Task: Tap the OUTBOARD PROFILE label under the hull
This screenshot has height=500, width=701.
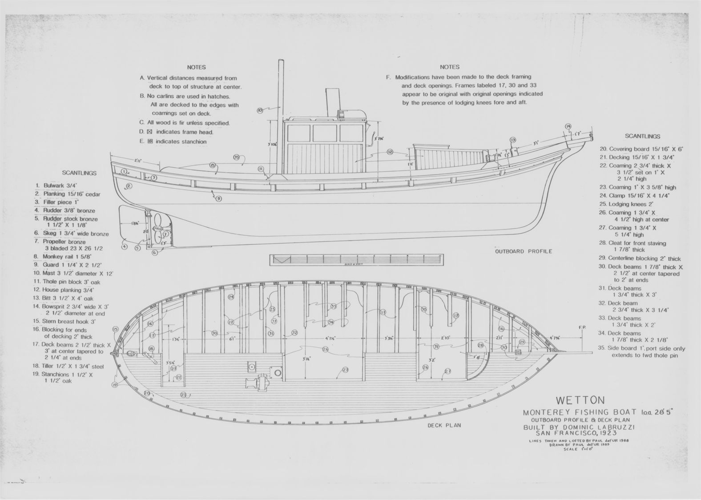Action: click(x=524, y=251)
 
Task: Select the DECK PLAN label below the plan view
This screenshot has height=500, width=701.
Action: click(x=444, y=425)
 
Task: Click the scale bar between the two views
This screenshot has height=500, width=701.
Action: click(x=357, y=260)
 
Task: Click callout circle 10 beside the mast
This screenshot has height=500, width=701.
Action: click(x=260, y=109)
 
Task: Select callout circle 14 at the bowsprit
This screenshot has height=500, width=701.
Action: click(x=568, y=126)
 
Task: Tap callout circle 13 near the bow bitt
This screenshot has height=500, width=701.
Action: click(x=513, y=140)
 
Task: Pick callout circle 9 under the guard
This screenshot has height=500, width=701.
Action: click(x=218, y=199)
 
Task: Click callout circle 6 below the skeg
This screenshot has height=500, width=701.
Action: click(x=155, y=253)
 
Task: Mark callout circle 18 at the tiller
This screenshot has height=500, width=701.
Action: click(x=152, y=349)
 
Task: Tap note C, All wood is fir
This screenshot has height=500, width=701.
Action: click(x=185, y=123)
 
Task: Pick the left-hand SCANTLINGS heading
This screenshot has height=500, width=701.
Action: click(x=79, y=173)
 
